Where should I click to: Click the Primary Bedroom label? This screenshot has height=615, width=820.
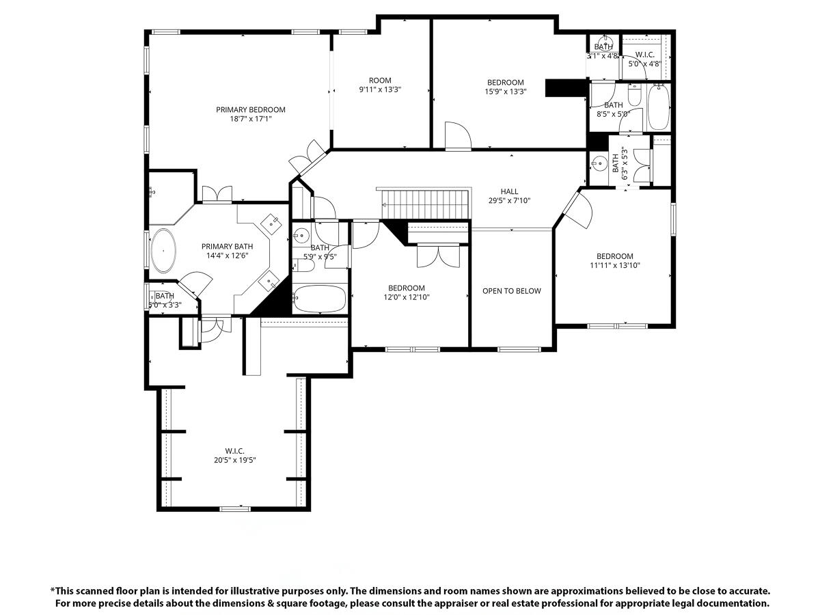251,109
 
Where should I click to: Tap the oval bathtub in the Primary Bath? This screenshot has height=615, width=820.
163,251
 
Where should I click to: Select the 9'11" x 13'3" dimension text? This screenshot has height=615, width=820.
380,90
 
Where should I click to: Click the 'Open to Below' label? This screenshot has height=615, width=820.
512,291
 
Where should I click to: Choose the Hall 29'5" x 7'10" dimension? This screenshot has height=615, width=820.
509,201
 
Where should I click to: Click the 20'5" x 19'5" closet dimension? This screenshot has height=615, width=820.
234,460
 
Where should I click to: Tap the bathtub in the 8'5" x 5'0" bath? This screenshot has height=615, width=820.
659,107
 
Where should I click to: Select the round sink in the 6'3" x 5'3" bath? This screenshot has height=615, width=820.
600,163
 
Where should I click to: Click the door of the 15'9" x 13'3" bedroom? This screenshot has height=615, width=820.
456,135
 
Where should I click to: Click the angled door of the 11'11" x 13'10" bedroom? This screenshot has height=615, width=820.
578,211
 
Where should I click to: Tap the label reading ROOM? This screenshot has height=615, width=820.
380,80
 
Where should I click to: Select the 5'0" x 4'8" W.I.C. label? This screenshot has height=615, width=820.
645,59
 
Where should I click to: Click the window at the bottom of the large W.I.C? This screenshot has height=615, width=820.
234,508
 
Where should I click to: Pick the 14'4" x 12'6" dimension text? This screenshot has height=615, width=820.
227,256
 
